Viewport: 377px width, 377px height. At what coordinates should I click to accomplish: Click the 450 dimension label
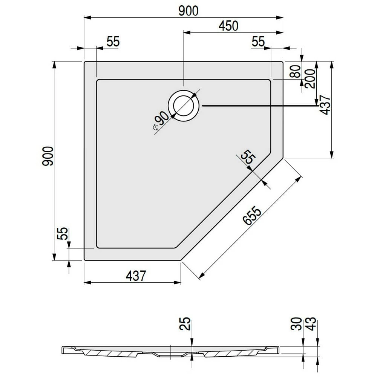(228, 26)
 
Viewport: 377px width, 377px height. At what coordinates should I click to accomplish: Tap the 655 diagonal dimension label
(252, 215)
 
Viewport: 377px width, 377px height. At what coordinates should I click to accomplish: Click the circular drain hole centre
(184, 106)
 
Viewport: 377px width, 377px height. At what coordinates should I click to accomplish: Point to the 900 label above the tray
(188, 11)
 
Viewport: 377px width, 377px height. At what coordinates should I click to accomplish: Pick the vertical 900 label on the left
(48, 156)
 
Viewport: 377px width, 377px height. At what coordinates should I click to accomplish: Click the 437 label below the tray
(136, 276)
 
